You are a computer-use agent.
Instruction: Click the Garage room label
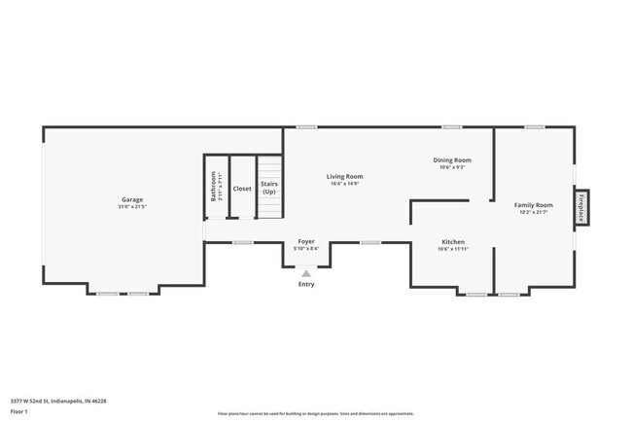(132, 199)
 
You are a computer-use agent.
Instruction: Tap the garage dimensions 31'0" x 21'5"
(132, 207)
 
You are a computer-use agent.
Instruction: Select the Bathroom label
(214, 186)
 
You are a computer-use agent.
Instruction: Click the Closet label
(242, 189)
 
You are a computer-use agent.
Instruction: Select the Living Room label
(344, 176)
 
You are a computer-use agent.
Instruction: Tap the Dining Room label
(452, 159)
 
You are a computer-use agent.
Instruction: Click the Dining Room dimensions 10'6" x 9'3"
(452, 167)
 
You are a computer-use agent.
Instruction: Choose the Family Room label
(533, 205)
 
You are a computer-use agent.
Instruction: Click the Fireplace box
(580, 207)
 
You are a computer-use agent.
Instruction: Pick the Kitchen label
(453, 241)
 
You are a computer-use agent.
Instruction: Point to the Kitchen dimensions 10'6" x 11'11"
(453, 249)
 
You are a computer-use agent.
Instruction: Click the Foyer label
(306, 240)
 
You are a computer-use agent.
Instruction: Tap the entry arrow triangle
(306, 273)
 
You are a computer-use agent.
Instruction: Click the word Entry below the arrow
(306, 284)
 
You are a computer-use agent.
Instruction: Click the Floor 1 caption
(19, 411)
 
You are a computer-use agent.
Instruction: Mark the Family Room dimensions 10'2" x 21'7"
(533, 213)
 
